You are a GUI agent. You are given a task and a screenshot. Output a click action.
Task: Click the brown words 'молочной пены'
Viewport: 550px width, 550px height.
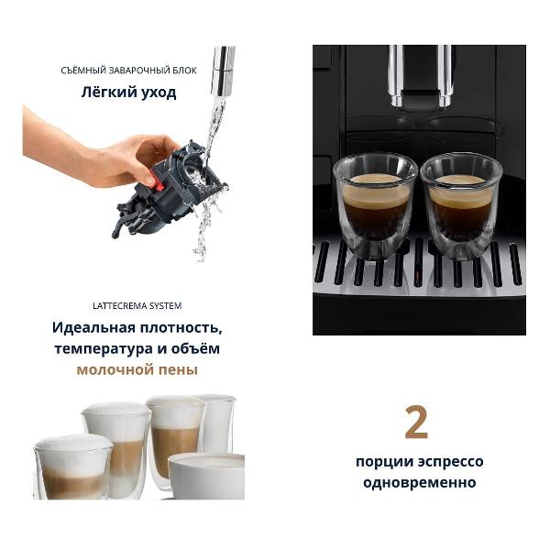pos(137,370)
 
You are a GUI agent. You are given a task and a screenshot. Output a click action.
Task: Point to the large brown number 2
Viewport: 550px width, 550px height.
pos(416,423)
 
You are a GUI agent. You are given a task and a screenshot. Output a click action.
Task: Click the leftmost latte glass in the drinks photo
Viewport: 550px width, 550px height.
pos(72,467)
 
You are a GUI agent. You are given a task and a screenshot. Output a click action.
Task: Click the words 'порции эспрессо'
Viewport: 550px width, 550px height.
pos(419,462)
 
